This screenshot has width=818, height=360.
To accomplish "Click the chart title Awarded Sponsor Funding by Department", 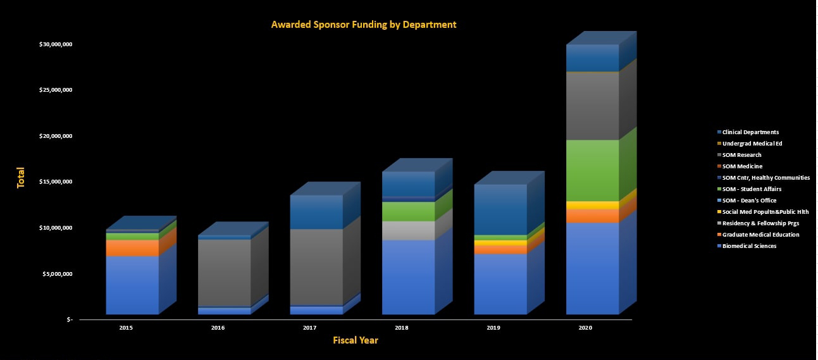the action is click(363, 25).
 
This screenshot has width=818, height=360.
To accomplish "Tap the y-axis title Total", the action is click(20, 178).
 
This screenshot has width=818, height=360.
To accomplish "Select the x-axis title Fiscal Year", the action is click(356, 340).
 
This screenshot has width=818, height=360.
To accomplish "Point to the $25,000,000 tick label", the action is click(56, 90).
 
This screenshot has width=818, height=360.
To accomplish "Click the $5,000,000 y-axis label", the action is click(58, 274).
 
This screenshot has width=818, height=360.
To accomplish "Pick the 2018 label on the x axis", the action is click(401, 328).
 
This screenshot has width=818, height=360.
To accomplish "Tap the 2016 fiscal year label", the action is click(218, 328).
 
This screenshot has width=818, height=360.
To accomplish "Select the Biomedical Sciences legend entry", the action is click(747, 246).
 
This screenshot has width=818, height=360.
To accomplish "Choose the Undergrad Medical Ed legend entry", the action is click(750, 144).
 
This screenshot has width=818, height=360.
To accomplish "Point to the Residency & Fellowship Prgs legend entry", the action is click(758, 223).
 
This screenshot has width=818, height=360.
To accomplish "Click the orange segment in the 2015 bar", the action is click(132, 248).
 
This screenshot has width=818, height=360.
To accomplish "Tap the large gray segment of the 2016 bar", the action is click(224, 273).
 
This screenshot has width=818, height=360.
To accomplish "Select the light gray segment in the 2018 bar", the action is click(408, 230).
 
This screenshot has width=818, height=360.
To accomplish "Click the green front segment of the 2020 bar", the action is click(592, 170).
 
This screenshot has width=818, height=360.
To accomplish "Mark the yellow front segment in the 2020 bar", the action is click(592, 205).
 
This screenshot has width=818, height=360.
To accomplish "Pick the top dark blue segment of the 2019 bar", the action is click(500, 209).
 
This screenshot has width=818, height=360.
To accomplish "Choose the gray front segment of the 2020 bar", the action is click(592, 106).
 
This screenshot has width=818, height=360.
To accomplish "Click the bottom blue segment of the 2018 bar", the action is click(408, 277).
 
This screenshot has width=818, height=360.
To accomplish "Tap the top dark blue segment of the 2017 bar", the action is click(316, 212).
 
